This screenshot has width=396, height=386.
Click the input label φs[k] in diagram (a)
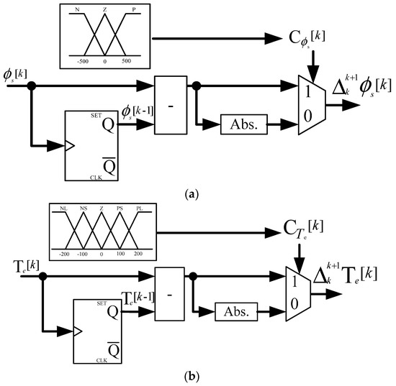pyautogui.click(x=17, y=74)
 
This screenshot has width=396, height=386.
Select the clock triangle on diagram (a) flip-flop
pyautogui.click(x=70, y=147)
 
